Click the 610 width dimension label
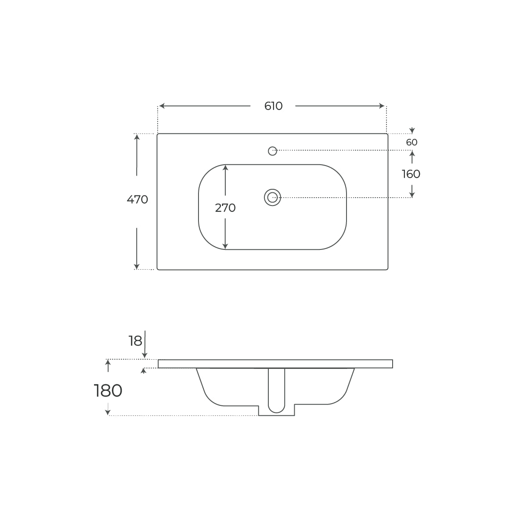[x=273, y=106]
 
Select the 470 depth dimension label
[x=137, y=200]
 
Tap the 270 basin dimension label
[x=225, y=208]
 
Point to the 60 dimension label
[x=411, y=143]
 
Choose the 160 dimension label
[x=411, y=174]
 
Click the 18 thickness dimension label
[x=136, y=340]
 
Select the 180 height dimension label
[x=108, y=390]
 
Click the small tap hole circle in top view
[x=272, y=151]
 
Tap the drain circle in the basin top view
[x=272, y=198]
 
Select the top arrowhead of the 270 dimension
[x=225, y=168]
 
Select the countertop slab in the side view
[x=275, y=364]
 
